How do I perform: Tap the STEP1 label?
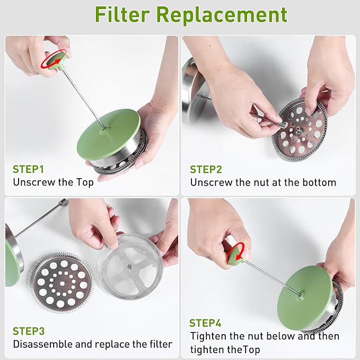tap(28, 169)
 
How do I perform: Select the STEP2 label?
tap(206, 170)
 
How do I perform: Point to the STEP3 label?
tap(29, 331)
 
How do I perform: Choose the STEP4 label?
tap(205, 323)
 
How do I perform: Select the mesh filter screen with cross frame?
tap(130, 267)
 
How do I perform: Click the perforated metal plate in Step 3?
tap(62, 283)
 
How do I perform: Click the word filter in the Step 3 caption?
tap(161, 344)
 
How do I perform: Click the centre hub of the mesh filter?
tap(130, 267)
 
